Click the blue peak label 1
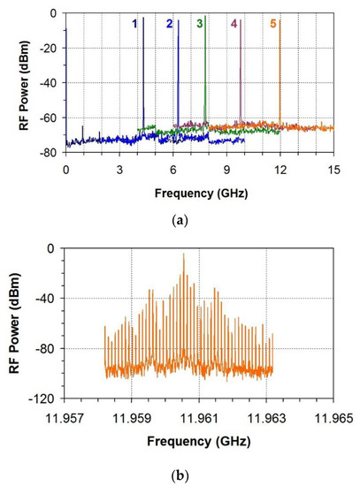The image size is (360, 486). point(135,24)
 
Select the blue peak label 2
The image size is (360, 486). point(169,24)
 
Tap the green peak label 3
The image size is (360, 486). point(201,23)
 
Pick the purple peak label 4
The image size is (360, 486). point(234,24)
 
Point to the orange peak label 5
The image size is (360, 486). point(273,24)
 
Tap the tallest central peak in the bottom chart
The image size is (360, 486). point(184,255)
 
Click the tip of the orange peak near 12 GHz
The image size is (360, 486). point(280,18)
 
